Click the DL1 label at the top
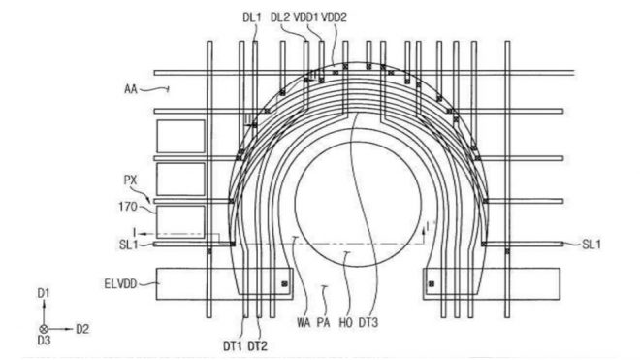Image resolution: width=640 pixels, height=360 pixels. point(251,17)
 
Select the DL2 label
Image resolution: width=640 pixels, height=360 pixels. point(280,17)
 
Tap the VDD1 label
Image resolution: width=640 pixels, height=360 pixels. point(305,17)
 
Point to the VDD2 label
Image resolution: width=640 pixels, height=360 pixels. point(334,17)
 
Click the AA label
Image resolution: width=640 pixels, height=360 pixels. point(131,88)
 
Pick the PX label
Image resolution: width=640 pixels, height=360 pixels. point(130,180)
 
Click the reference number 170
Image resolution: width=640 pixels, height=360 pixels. point(128,207)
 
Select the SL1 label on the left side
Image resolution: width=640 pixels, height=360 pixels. point(128,245)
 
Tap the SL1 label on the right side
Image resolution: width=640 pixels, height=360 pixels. point(591,245)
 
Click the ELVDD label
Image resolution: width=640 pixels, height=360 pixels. point(120,283)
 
